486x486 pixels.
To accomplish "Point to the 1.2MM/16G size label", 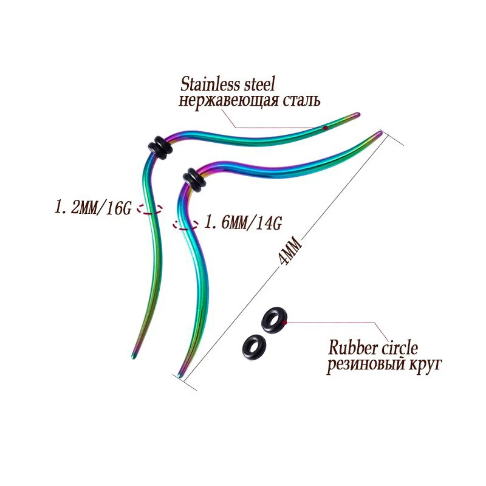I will coord(93,208).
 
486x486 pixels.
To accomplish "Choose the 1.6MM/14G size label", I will coord(243,222).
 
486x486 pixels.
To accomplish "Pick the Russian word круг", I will coord(422,365).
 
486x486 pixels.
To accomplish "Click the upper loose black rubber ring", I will coord(272,319).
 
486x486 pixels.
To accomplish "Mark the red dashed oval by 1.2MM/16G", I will coord(149,210).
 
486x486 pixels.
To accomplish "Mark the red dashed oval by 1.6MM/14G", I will coord(185,224).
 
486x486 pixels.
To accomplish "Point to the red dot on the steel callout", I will coord(326,128).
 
